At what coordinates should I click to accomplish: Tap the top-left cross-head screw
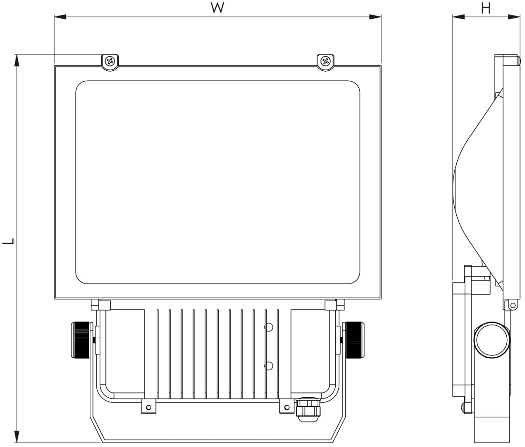click(110, 62)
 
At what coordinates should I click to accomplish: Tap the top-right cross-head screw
click(325, 62)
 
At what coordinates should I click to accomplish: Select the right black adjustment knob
click(355, 339)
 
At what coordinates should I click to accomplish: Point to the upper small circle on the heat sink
click(269, 327)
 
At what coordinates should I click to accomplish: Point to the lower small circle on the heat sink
click(269, 365)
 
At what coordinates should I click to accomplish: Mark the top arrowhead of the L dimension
click(17, 60)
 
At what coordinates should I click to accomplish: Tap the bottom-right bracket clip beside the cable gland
click(286, 406)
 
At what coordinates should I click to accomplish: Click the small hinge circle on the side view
click(512, 306)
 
